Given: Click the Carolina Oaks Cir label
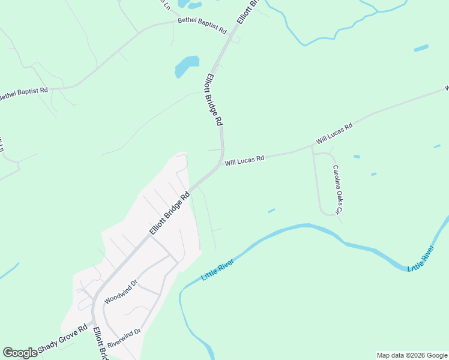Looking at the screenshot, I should [338, 190].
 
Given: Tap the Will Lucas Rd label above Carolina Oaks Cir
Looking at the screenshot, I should [334, 134].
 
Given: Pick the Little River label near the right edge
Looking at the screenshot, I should [421, 258].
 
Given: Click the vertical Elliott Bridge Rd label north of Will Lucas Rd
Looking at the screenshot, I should [214, 99].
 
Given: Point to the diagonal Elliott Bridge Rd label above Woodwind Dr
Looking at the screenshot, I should [170, 213].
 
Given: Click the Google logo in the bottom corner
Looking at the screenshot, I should [20, 353].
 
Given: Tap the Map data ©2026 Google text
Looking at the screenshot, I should [412, 355].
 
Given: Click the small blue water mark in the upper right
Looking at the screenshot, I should [421, 48].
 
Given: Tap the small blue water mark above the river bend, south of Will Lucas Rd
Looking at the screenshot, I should [271, 211].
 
